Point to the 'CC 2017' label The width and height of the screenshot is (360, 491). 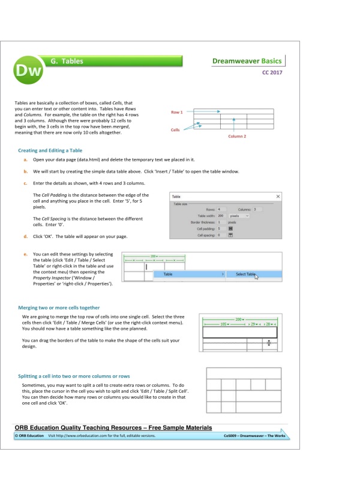271,73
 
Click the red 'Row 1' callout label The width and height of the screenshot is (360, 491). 178,112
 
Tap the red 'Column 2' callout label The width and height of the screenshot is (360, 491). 237,136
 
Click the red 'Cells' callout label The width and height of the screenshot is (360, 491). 175,129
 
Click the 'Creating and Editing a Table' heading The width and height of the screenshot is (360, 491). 50,150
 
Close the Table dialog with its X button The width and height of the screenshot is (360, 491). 278,196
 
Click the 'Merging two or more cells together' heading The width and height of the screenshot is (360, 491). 59,308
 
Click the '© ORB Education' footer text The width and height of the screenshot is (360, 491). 29,435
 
